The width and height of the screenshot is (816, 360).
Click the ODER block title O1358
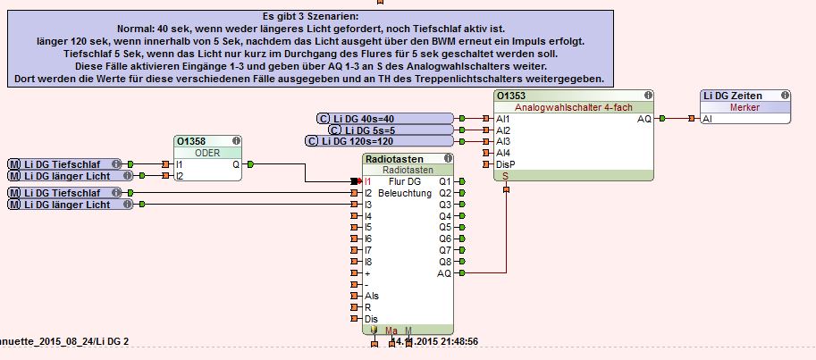tap(191, 141)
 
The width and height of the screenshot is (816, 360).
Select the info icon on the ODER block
tap(235, 141)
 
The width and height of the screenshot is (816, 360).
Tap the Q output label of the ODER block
tap(235, 164)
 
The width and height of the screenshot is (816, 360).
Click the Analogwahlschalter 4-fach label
tap(574, 106)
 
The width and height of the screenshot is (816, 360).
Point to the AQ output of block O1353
tap(644, 118)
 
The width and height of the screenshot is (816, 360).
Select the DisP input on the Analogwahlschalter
tap(506, 164)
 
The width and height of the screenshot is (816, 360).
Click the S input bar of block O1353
tap(506, 176)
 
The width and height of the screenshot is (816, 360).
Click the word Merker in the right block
tap(744, 106)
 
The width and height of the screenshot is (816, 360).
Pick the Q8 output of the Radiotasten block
tap(445, 262)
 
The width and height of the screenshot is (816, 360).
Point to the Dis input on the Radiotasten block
tap(370, 319)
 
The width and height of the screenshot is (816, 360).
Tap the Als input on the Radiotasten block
tap(371, 296)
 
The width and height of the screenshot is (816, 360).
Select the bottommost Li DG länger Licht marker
tap(72, 205)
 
